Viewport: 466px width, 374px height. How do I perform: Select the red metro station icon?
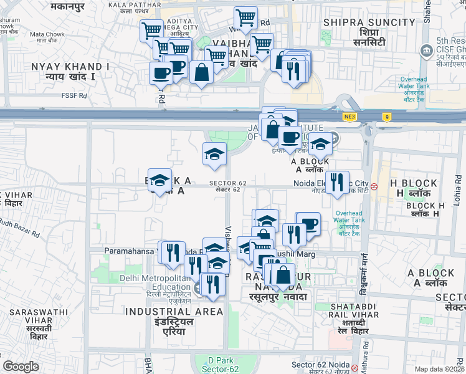374,186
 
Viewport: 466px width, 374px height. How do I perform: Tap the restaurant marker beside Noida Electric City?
337,182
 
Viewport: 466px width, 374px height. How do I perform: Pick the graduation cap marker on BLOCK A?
160,180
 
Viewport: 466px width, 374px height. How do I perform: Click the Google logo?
21,367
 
